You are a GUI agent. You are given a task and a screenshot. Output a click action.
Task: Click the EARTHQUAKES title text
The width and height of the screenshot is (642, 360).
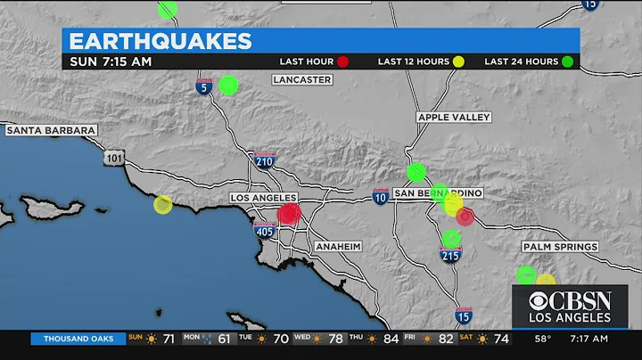tap(160, 41)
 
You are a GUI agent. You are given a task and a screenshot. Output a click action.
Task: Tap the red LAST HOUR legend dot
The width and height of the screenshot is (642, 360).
tap(342, 61)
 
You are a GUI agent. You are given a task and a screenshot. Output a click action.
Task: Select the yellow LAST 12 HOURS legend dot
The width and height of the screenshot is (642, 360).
tap(458, 61)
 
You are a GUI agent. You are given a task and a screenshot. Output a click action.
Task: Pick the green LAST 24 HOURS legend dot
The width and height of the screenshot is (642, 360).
tap(567, 61)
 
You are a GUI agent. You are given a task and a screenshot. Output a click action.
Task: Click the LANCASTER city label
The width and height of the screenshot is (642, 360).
tap(302, 79)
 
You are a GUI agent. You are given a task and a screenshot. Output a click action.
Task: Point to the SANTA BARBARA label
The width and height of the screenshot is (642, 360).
tap(50, 130)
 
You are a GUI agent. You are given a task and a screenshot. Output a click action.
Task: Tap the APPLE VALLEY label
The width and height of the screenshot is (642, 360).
tap(449, 117)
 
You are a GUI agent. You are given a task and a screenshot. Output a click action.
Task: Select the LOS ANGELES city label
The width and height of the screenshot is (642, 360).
tap(262, 198)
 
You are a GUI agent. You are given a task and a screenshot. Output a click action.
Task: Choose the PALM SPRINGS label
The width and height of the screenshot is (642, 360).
tap(562, 247)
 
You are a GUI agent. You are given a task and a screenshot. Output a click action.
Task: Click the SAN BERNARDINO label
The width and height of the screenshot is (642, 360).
tap(437, 193)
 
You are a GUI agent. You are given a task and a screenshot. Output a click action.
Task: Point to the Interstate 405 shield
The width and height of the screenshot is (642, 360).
tap(264, 231)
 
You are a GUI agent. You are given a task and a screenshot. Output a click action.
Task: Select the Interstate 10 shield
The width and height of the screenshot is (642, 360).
tap(381, 197)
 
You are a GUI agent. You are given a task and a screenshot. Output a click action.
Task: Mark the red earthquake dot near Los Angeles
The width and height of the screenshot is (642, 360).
tap(288, 213)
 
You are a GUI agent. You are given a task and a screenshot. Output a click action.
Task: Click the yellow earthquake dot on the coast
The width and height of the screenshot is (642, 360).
tap(162, 205)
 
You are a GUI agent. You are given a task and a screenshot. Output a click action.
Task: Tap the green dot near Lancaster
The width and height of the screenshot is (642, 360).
tap(228, 85)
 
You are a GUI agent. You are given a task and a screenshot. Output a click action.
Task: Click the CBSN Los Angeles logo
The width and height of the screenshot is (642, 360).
tap(569, 306)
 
